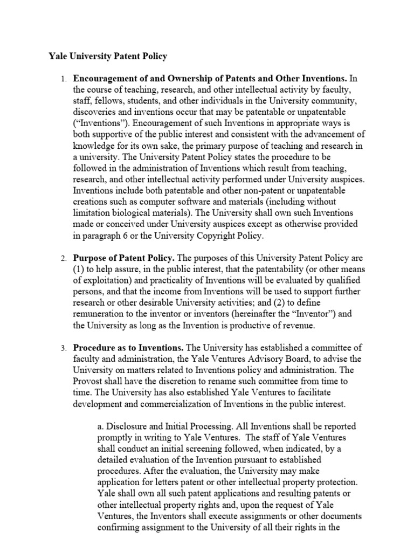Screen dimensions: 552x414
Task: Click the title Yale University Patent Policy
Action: (108, 56)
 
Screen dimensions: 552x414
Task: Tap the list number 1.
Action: (63, 80)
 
